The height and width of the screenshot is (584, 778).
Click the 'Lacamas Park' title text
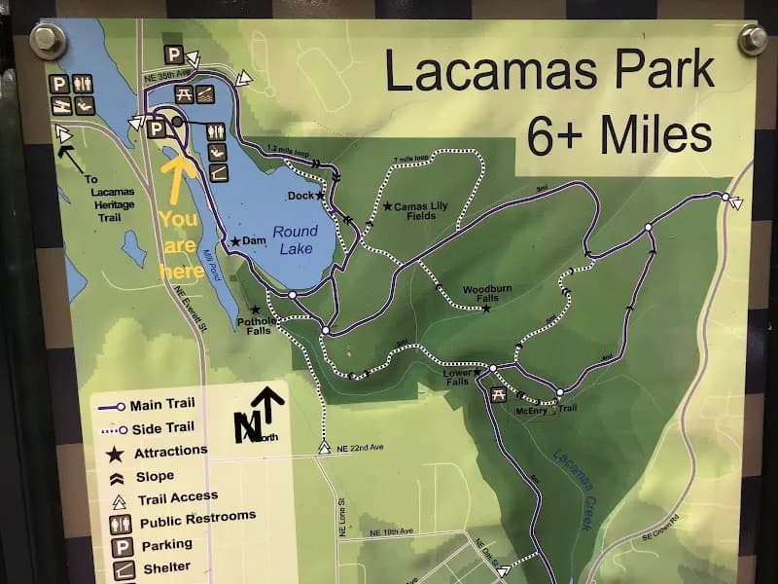click(549, 69)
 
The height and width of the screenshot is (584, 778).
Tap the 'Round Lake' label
click(295, 239)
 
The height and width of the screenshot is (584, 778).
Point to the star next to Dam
click(234, 240)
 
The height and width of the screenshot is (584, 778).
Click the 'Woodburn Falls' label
click(480, 294)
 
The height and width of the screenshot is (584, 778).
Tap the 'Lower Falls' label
click(457, 378)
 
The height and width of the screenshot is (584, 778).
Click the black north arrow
click(269, 410)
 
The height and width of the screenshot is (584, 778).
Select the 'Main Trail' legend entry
click(161, 406)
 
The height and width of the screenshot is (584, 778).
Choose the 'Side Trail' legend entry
click(161, 427)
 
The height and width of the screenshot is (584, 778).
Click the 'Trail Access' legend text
click(178, 497)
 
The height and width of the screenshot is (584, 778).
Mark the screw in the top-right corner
click(753, 40)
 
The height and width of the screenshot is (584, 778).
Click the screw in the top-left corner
click(47, 41)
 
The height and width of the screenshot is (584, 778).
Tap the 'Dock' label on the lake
click(301, 196)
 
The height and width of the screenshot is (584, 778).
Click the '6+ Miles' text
click(619, 135)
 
